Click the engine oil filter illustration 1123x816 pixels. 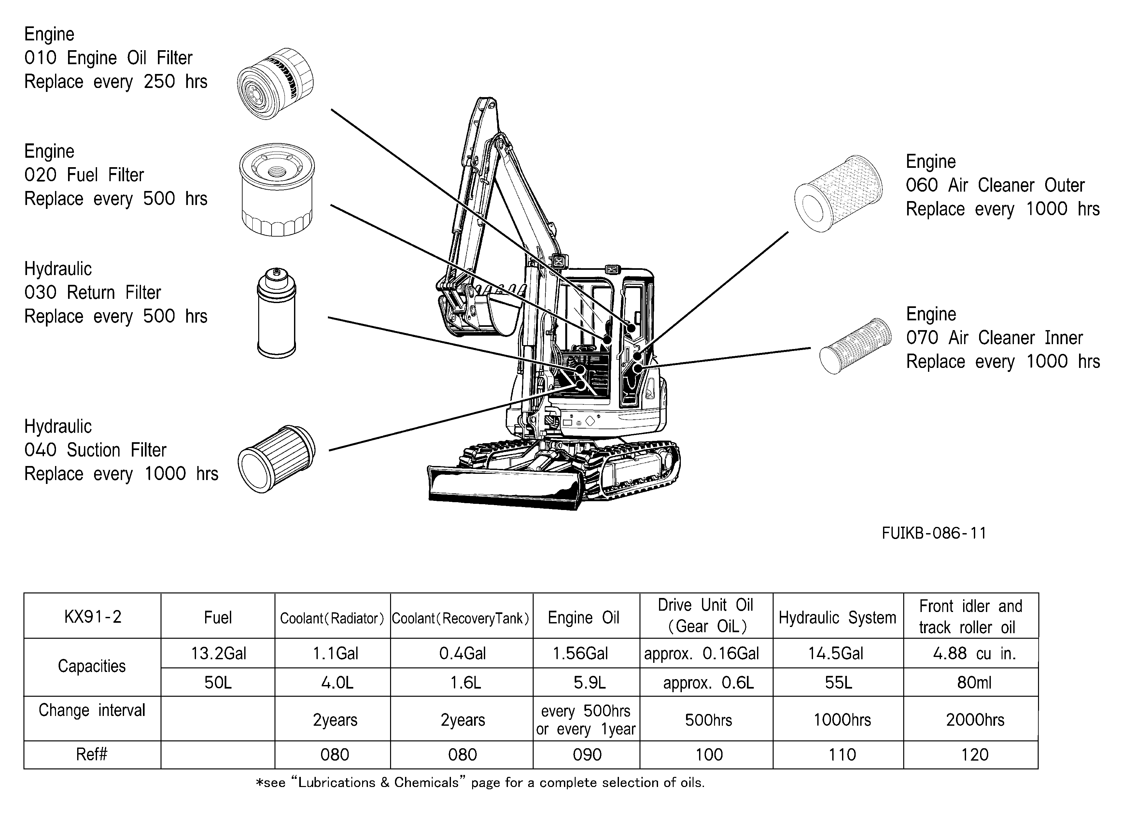pyautogui.click(x=275, y=83)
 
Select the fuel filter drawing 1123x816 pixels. pyautogui.click(x=277, y=190)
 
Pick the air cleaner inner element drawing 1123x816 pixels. pyautogui.click(x=855, y=346)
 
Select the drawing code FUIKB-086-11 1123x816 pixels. pyautogui.click(x=934, y=533)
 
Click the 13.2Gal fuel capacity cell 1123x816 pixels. pyautogui.click(x=218, y=653)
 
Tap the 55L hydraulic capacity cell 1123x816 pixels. pyautogui.click(x=838, y=682)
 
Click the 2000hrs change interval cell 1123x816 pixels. pyautogui.click(x=975, y=720)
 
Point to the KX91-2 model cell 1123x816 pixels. pyautogui.click(x=92, y=616)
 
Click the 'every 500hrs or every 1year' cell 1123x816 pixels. pyautogui.click(x=587, y=720)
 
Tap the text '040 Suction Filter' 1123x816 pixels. pyautogui.click(x=95, y=450)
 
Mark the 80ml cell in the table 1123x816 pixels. pyautogui.click(x=974, y=682)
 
